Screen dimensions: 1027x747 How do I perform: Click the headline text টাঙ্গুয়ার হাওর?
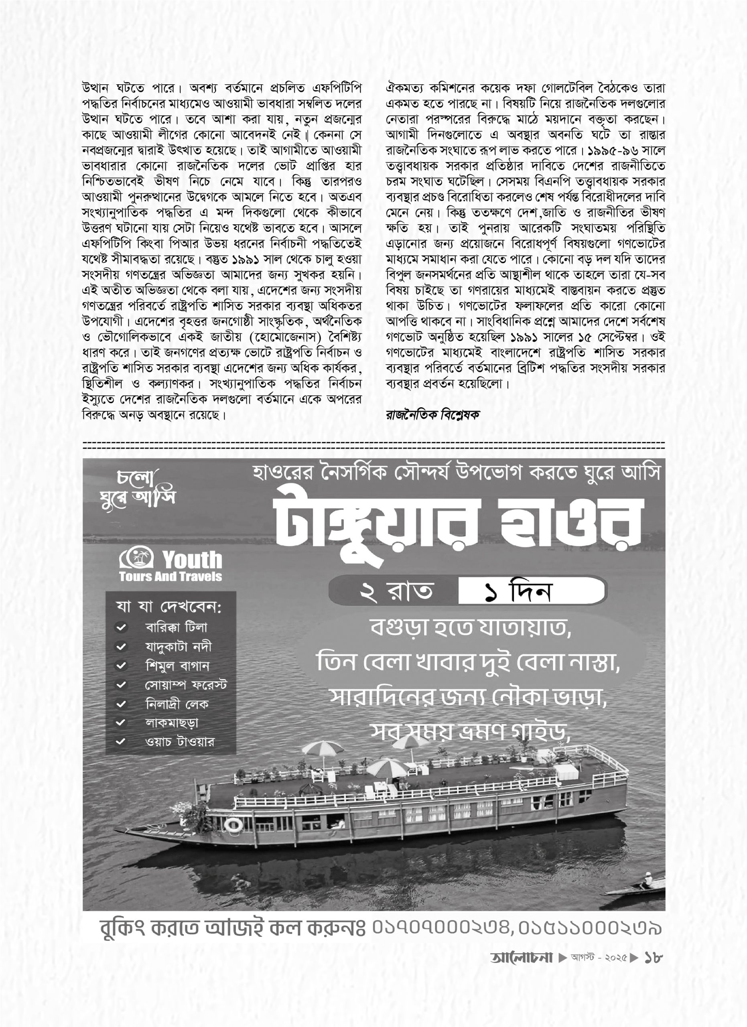[459, 526]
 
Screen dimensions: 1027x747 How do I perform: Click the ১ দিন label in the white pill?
[519, 591]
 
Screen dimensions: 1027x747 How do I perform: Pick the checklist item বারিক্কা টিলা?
[176, 627]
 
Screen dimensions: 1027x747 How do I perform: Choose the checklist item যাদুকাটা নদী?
[178, 647]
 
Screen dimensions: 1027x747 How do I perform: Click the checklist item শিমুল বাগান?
[177, 666]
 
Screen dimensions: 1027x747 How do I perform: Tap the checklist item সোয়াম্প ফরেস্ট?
[186, 685]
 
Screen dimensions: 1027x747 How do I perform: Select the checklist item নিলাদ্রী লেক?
[177, 704]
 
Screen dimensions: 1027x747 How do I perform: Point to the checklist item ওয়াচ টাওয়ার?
[179, 742]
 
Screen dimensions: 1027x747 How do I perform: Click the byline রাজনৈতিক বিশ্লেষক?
[432, 414]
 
